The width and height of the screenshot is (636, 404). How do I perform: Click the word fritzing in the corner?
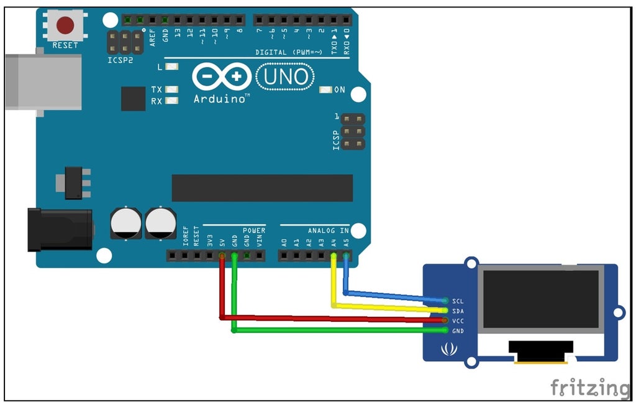pyautogui.click(x=590, y=387)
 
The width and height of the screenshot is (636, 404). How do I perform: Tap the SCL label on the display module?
pyautogui.click(x=458, y=301)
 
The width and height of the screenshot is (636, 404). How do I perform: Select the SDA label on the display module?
pyautogui.click(x=458, y=311)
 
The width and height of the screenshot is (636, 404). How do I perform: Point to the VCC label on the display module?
pyautogui.click(x=458, y=321)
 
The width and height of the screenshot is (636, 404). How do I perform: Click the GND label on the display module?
pyautogui.click(x=458, y=331)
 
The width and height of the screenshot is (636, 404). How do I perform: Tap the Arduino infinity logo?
pyautogui.click(x=221, y=77)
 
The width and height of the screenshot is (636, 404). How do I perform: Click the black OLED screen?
pyautogui.click(x=541, y=299)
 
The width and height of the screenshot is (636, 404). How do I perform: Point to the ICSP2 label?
pyautogui.click(x=119, y=61)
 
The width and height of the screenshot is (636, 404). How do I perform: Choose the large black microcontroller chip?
pyautogui.click(x=262, y=188)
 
